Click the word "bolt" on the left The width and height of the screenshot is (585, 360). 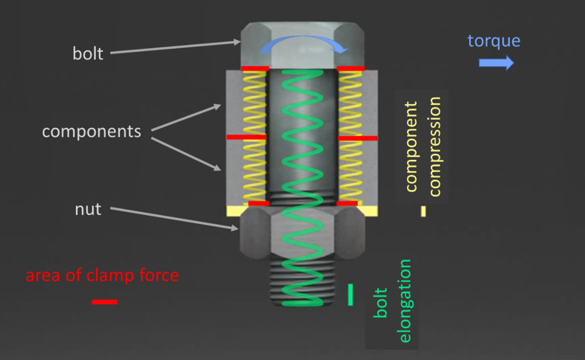tap(88, 54)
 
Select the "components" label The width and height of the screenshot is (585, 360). tap(92, 132)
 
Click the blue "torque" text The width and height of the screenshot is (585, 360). tap(493, 40)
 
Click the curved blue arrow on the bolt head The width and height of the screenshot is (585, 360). tap(303, 45)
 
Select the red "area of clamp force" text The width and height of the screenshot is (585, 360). tap(102, 275)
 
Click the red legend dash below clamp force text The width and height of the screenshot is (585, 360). tap(105, 302)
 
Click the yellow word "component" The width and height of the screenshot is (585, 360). tap(411, 149)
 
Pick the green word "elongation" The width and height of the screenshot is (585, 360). tap(406, 300)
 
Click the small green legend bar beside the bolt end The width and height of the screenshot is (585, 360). tap(351, 295)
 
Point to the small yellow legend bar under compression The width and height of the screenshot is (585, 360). tap(423, 211)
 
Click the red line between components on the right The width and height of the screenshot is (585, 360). tap(357, 138)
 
